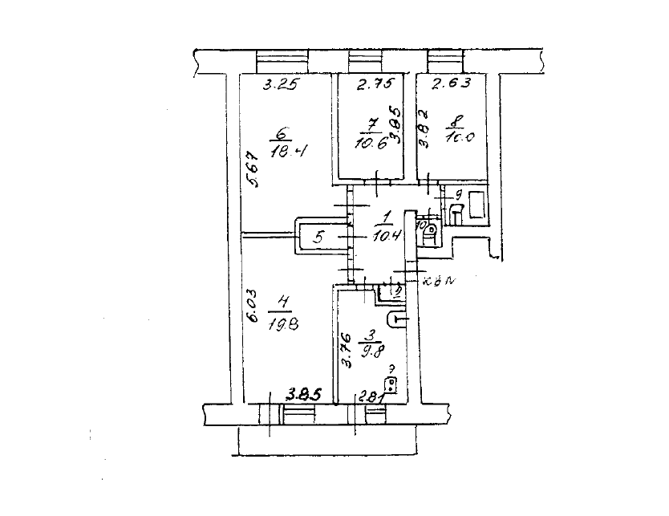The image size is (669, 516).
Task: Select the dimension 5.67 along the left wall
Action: pos(252,170)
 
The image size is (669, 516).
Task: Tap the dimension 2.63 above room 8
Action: pos(451,83)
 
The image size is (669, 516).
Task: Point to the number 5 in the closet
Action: pos(318,237)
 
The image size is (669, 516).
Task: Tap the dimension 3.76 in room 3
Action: pos(347,351)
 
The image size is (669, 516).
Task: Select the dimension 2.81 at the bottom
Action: pos(370,394)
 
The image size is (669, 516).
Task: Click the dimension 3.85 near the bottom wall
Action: pos(304,394)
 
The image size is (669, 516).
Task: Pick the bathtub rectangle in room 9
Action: pos(476,205)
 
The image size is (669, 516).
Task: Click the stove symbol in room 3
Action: pos(391,388)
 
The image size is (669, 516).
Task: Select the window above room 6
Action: pos(283,62)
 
